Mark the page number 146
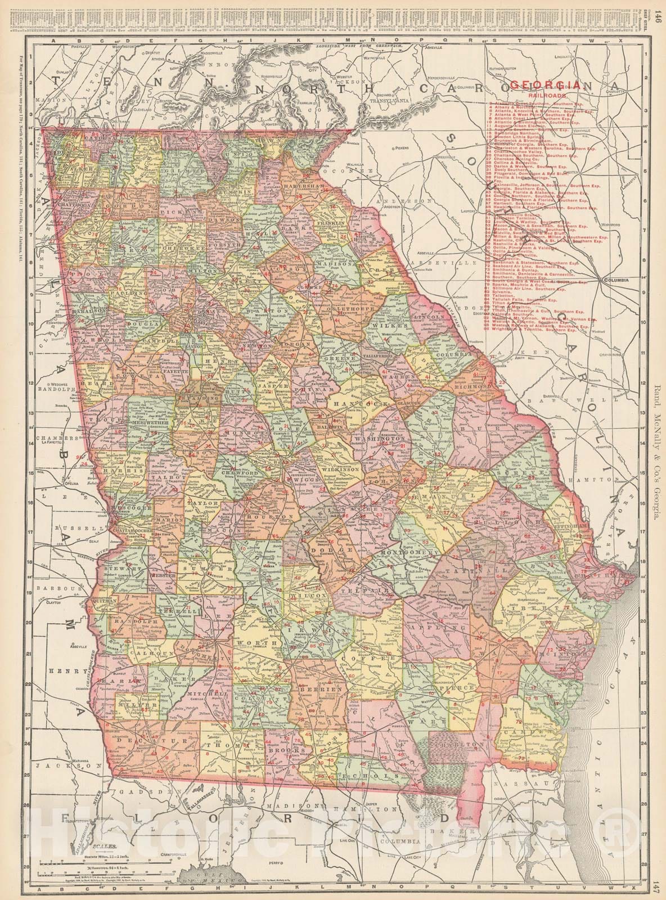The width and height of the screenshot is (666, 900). (658, 12)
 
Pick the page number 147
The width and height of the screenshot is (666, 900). (658, 888)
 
